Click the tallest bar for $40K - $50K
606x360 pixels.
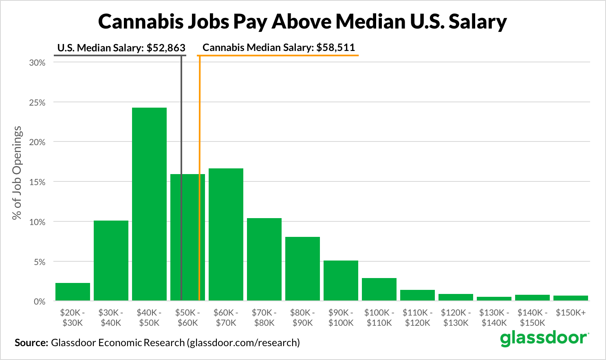pyautogui.click(x=149, y=204)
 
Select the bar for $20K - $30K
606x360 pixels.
pyautogui.click(x=73, y=292)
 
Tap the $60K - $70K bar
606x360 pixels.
pyautogui.click(x=226, y=234)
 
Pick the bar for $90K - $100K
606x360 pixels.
pyautogui.click(x=341, y=280)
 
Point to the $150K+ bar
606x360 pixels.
pyautogui.click(x=571, y=298)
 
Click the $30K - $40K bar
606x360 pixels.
pyautogui.click(x=111, y=261)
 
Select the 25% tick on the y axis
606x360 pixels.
pyautogui.click(x=37, y=102)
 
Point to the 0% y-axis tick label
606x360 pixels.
pyautogui.click(x=39, y=302)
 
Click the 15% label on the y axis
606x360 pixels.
pyautogui.click(x=37, y=182)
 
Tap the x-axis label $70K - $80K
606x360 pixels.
pyautogui.click(x=264, y=318)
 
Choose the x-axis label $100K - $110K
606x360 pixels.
pyautogui.click(x=379, y=318)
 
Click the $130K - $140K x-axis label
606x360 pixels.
pyautogui.click(x=494, y=318)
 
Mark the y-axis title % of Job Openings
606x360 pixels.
pyautogui.click(x=17, y=173)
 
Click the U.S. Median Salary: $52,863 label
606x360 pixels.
pyautogui.click(x=121, y=48)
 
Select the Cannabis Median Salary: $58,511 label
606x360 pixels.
pyautogui.click(x=279, y=47)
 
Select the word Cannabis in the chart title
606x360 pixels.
pyautogui.click(x=141, y=22)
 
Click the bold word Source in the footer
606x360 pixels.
pyautogui.click(x=31, y=342)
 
